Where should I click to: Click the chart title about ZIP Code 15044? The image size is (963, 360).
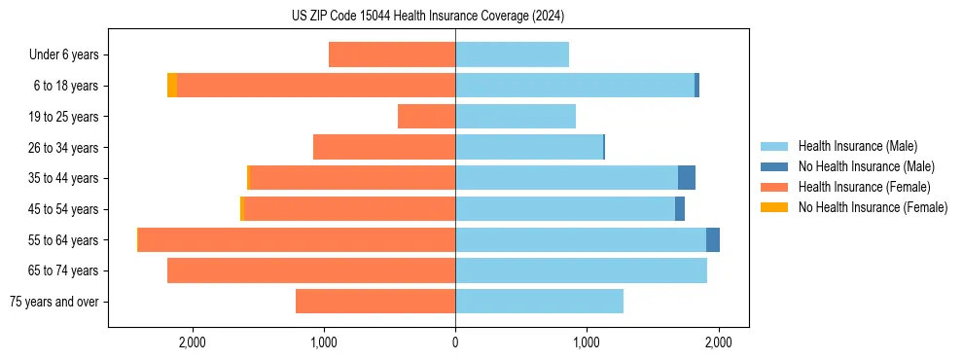(427, 17)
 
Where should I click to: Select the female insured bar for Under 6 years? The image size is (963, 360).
(392, 54)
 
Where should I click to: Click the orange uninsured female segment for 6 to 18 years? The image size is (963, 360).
(172, 86)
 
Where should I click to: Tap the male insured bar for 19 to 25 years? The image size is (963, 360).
(516, 117)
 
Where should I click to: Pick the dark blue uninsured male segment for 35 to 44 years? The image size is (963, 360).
(687, 178)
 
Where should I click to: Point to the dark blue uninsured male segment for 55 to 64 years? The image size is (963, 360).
(713, 239)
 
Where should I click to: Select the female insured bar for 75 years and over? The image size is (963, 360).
(375, 302)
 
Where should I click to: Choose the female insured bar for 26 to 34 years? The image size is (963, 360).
(384, 147)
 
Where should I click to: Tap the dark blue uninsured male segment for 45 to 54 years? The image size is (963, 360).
(680, 209)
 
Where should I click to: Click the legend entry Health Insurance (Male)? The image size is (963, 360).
(857, 146)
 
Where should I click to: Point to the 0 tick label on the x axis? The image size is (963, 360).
(455, 342)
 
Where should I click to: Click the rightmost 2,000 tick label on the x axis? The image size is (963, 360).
(718, 342)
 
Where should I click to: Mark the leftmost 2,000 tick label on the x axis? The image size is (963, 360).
(192, 342)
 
